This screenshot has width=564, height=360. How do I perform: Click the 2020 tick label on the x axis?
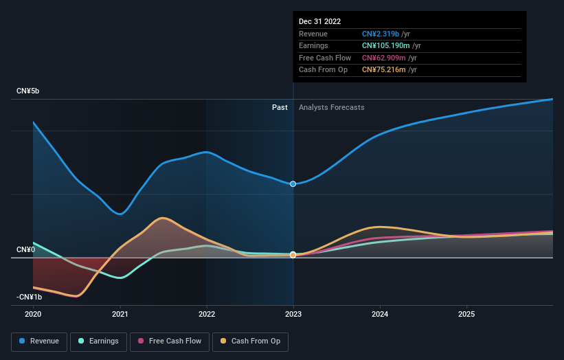point(33,314)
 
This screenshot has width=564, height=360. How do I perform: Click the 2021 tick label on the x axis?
point(120,314)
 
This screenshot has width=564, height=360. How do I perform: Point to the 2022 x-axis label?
point(207,314)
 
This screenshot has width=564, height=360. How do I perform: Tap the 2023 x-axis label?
point(293,314)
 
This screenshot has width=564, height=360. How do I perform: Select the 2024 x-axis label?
point(380,314)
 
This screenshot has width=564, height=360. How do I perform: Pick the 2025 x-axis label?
point(466,314)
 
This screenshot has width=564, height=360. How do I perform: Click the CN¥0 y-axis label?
point(25,249)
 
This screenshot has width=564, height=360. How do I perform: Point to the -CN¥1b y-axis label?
point(29,297)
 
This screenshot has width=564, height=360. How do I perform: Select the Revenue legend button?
point(39,341)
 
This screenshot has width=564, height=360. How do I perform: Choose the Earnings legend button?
point(98,341)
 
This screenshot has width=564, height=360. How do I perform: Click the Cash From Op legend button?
point(251,341)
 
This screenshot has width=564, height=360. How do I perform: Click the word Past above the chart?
point(280,107)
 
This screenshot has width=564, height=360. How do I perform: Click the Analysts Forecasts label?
point(331,107)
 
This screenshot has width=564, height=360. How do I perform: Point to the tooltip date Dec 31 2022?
point(319,21)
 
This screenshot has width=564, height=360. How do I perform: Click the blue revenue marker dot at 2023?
point(293,184)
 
